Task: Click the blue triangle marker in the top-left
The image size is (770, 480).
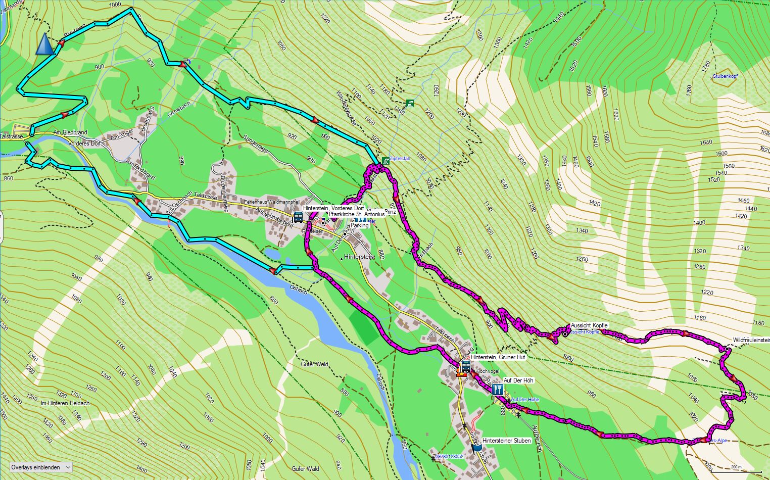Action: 44,44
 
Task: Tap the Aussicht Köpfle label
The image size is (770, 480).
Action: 589,325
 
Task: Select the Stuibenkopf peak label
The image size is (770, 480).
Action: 725,76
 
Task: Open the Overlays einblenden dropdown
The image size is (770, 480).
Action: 40,467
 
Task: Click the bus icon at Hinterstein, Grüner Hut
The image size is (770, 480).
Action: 465,366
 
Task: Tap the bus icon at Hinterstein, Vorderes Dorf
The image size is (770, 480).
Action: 298,217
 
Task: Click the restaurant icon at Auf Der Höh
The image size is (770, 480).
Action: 497,390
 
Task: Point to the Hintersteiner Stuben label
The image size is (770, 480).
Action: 506,441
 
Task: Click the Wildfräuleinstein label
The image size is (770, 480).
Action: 751,340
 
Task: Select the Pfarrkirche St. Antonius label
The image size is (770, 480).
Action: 356,214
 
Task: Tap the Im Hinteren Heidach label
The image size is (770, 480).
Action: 65,403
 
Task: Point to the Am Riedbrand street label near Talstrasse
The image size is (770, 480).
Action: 70,132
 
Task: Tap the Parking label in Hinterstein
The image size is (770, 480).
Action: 359,226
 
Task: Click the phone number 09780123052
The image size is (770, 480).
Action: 449,457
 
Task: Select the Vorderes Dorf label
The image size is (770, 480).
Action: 85,143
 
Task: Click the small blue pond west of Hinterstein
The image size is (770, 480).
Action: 271,253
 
